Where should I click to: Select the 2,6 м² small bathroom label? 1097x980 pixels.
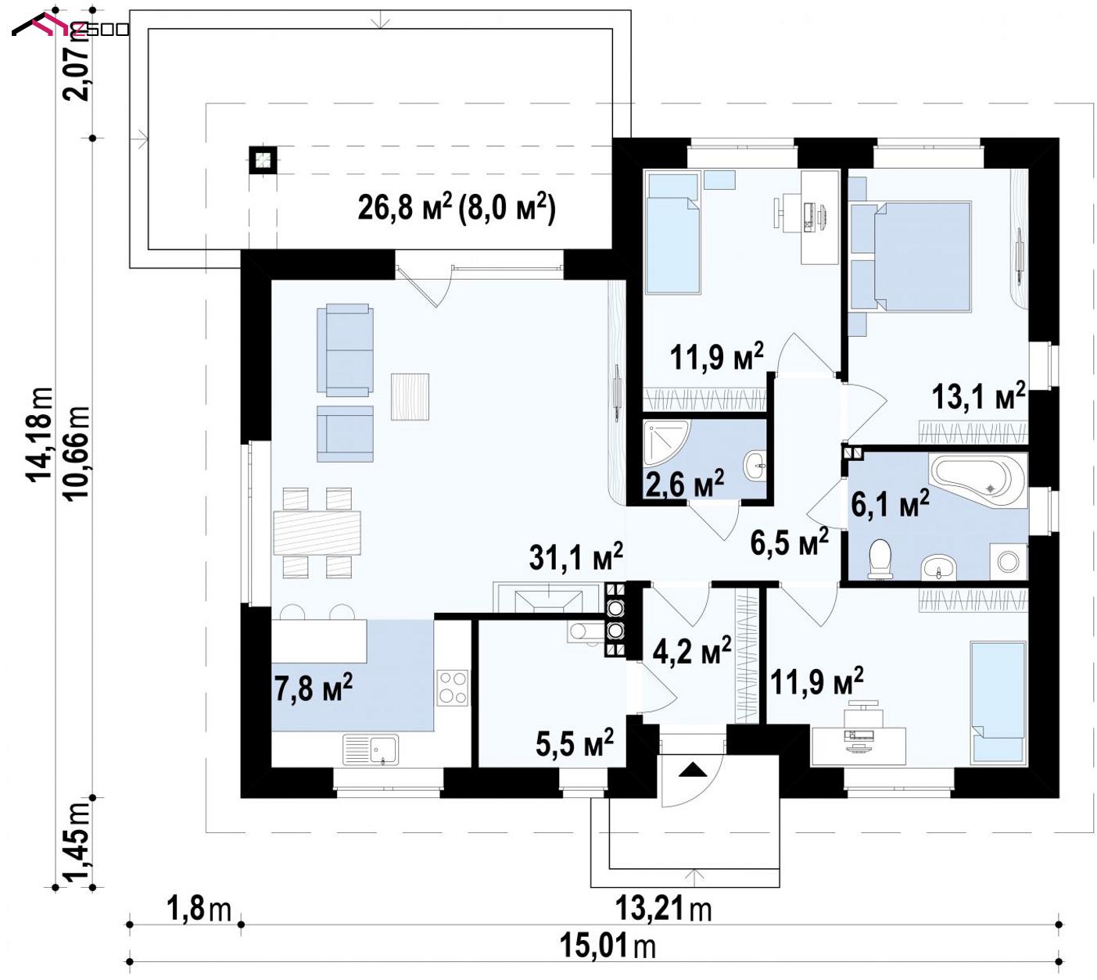(684, 483)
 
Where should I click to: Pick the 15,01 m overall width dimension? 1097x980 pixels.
(608, 946)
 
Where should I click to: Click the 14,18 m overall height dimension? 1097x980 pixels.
(40, 434)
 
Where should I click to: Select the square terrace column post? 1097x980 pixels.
(263, 160)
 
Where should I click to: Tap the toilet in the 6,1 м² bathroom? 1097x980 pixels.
(880, 559)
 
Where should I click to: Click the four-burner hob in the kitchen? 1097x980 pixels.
(453, 688)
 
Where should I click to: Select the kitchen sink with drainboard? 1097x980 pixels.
(371, 749)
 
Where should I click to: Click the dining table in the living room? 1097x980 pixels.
(317, 533)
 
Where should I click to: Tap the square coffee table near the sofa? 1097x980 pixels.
(410, 397)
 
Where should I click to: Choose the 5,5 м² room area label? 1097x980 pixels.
(575, 742)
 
